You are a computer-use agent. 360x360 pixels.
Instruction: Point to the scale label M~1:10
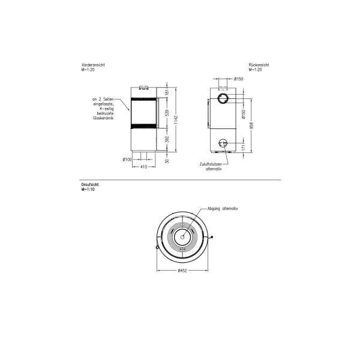point(88,189)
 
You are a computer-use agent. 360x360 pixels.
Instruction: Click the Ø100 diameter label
point(127,159)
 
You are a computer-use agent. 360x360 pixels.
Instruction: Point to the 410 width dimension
point(143,166)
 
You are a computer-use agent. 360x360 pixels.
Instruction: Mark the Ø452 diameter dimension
point(184,271)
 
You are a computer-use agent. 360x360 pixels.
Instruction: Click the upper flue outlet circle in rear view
point(223,98)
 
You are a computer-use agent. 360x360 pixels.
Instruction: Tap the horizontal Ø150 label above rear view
point(238,79)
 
